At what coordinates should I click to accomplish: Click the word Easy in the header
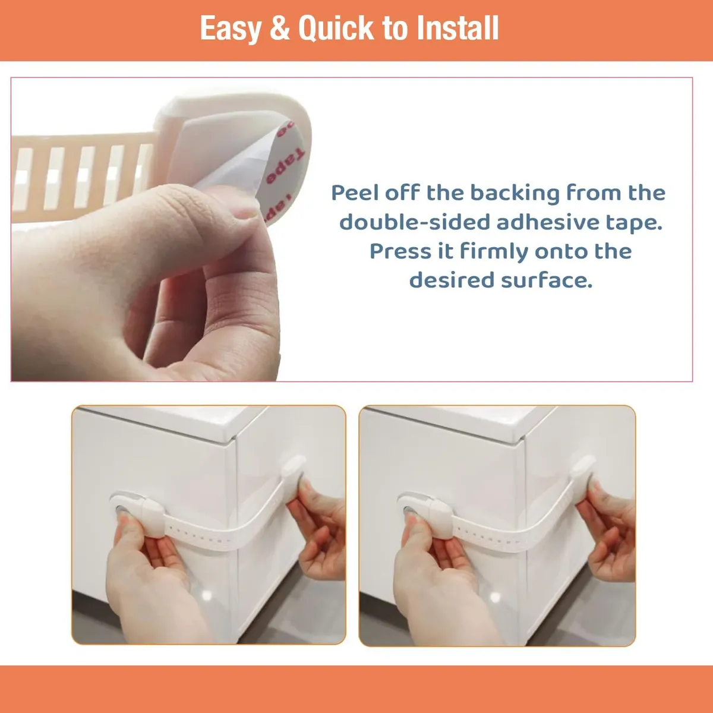coord(231,29)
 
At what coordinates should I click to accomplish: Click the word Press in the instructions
coord(400,251)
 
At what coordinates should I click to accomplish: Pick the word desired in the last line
coord(452,280)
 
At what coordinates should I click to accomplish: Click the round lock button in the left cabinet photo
coord(121,510)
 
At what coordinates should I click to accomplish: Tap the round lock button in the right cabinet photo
coord(409,510)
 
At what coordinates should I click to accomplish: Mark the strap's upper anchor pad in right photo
coord(583,467)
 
